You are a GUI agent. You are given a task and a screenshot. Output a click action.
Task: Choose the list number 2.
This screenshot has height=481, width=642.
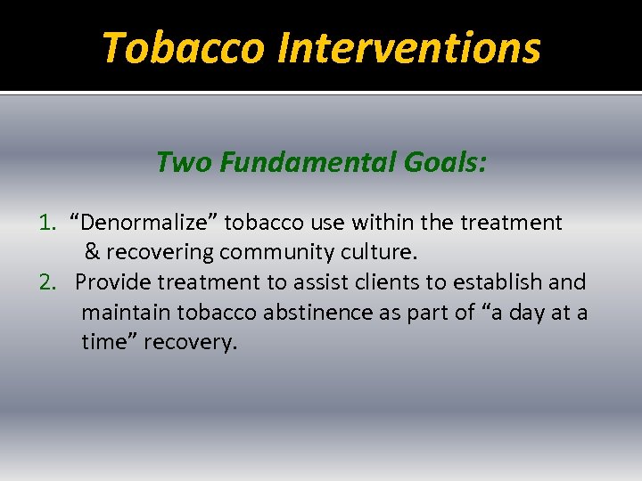pyautogui.click(x=48, y=282)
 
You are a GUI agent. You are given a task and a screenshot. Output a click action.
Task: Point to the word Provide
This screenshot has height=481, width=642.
pyautogui.click(x=113, y=282)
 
